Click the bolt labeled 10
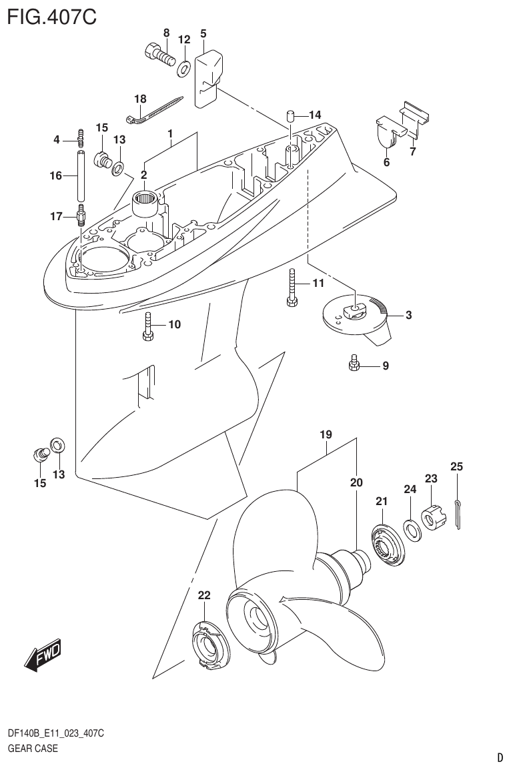click(x=148, y=327)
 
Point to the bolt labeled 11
click(x=292, y=287)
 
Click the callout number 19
click(x=326, y=435)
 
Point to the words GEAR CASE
click(x=32, y=747)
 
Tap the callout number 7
click(x=412, y=152)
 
